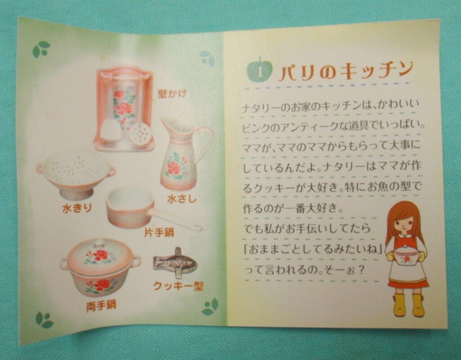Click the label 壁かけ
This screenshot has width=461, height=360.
click(x=172, y=94)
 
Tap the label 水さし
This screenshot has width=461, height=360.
click(x=182, y=198)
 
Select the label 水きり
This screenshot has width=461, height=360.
click(x=77, y=208)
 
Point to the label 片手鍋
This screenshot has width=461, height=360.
click(x=159, y=232)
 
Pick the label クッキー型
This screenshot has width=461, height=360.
click(x=178, y=286)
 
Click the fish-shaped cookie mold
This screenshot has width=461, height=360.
click(x=175, y=262)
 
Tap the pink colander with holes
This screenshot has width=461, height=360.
click(x=76, y=173)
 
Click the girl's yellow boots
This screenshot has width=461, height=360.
click(x=408, y=305)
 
